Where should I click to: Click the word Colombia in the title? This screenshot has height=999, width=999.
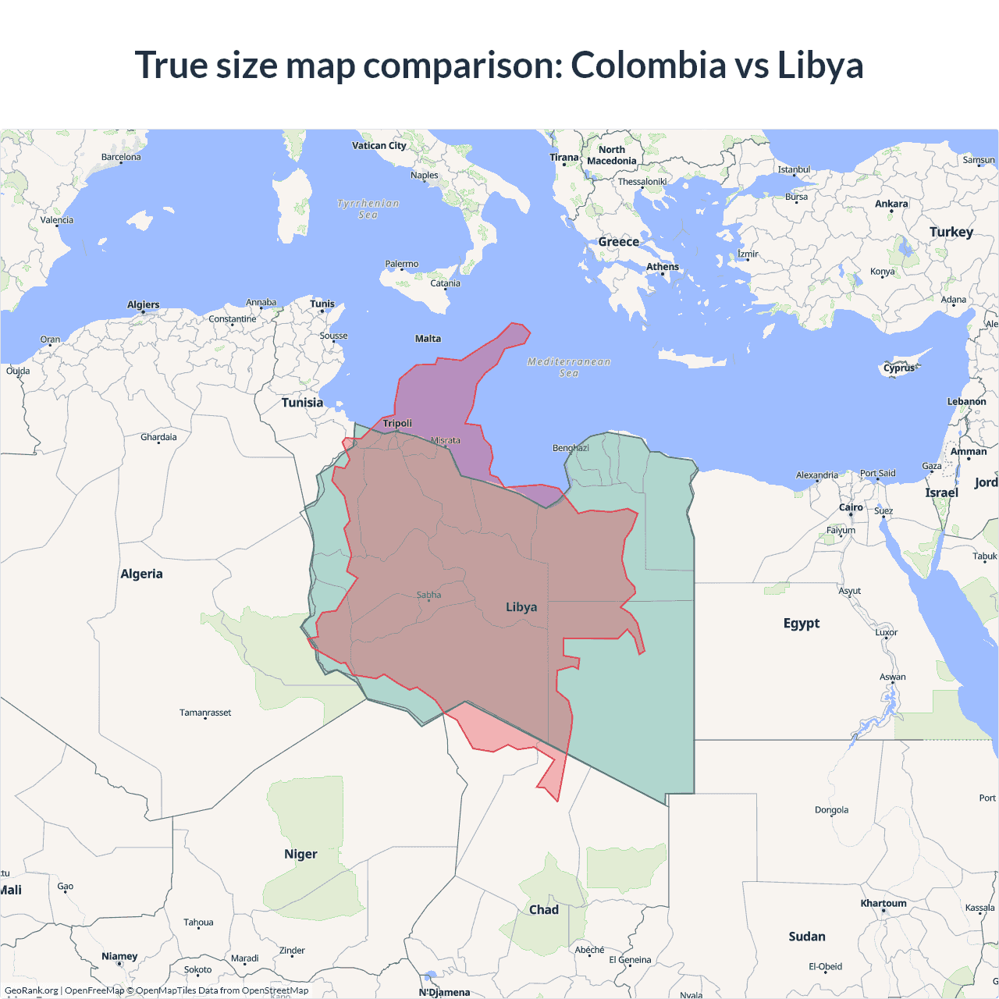coord(648,65)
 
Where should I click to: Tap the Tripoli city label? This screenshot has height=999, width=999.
coord(397,423)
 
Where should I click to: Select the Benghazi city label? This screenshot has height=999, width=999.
coord(571,448)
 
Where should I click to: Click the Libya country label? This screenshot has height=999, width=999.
coord(521,607)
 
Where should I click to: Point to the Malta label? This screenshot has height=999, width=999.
coord(428,339)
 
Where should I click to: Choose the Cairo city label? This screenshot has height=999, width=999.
coord(851,507)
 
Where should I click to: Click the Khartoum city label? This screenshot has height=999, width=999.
coord(883,904)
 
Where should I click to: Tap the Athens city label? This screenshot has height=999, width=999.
coord(663,267)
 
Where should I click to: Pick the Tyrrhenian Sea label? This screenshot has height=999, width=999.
coord(368,209)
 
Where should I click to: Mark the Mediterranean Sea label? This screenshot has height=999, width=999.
coord(569,367)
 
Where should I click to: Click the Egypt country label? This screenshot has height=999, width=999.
coord(802,623)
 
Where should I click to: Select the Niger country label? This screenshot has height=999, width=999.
coord(300,854)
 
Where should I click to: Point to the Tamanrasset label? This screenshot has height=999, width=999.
coord(205,713)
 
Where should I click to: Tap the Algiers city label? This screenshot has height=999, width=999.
coord(144,304)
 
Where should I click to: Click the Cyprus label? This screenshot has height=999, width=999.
coord(899,368)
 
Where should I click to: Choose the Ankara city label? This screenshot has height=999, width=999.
coord(891,204)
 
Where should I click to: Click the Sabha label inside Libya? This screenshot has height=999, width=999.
coord(428,595)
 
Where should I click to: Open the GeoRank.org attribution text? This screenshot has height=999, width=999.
coord(31,990)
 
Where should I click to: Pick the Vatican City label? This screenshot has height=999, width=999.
coord(379,145)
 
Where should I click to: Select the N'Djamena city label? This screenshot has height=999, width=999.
coord(445,992)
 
